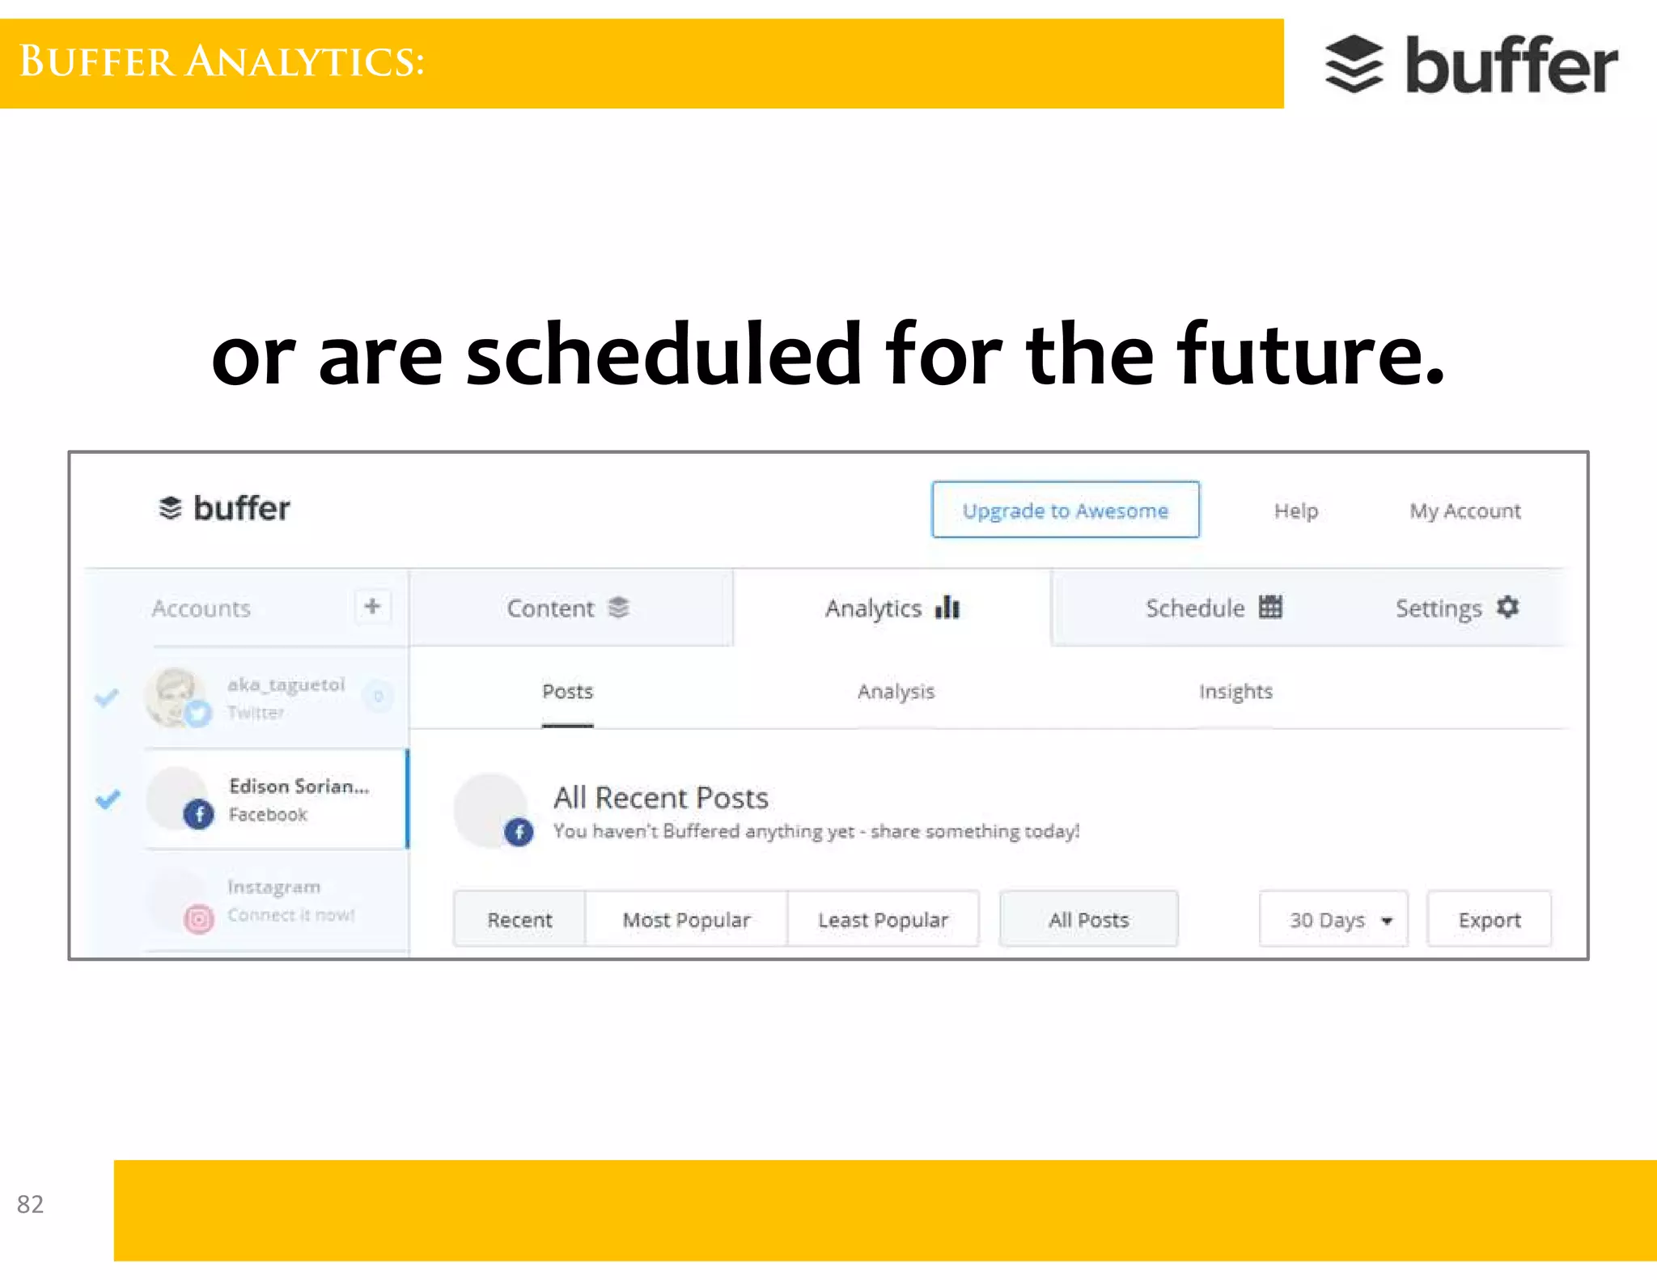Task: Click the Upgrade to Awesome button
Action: pyautogui.click(x=1065, y=510)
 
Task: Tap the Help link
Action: pyautogui.click(x=1295, y=511)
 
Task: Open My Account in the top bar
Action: pyautogui.click(x=1464, y=511)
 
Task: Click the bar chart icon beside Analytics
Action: pyautogui.click(x=947, y=607)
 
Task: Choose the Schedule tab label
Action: pyautogui.click(x=1195, y=608)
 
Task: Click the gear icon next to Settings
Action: pyautogui.click(x=1507, y=607)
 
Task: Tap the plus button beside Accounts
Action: pyautogui.click(x=372, y=606)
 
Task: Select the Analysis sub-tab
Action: pyautogui.click(x=896, y=692)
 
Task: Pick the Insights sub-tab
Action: pyautogui.click(x=1235, y=692)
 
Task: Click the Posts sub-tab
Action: pyautogui.click(x=567, y=692)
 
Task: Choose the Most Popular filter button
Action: pyautogui.click(x=686, y=920)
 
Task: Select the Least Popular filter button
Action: pyautogui.click(x=883, y=920)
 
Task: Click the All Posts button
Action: pyautogui.click(x=1088, y=920)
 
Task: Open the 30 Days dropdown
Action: pyautogui.click(x=1333, y=920)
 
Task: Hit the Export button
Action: pyautogui.click(x=1489, y=920)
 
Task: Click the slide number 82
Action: pyautogui.click(x=30, y=1204)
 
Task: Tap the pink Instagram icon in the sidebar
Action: pyautogui.click(x=199, y=919)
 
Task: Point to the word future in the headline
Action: pyautogui.click(x=1310, y=354)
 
